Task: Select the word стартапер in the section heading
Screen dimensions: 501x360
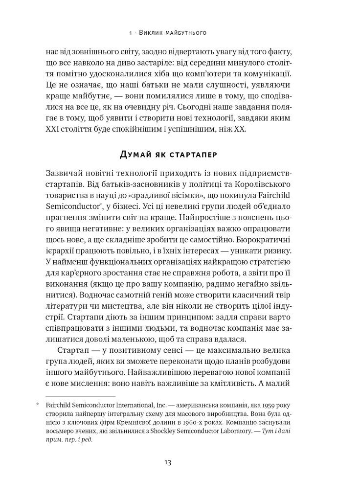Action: [193, 155]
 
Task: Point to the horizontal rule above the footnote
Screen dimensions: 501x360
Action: [80, 396]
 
